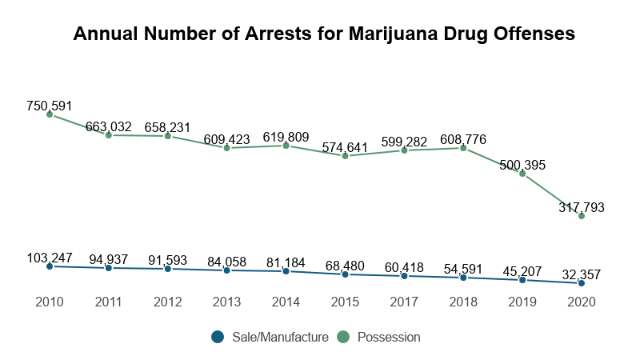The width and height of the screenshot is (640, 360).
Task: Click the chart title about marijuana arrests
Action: click(324, 34)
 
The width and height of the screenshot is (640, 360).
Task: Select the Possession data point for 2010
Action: click(50, 114)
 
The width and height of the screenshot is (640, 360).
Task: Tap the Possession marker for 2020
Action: click(582, 216)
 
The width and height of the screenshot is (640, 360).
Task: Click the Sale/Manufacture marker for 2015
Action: click(345, 274)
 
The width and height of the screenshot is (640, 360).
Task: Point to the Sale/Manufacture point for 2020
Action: click(582, 283)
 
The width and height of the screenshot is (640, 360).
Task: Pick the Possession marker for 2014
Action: click(286, 146)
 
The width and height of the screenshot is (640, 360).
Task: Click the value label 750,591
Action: click(50, 106)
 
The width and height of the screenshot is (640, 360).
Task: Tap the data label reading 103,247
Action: click(50, 258)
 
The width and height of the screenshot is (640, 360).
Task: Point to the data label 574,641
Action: click(345, 147)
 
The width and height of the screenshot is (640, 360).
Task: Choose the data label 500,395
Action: click(522, 165)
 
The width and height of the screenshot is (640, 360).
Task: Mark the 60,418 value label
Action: click(404, 267)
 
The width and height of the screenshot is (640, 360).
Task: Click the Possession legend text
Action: click(389, 338)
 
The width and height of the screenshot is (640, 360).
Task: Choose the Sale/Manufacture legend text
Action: click(280, 338)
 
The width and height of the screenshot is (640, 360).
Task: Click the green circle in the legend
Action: click(342, 338)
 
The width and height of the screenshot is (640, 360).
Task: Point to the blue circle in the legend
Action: click(218, 338)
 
